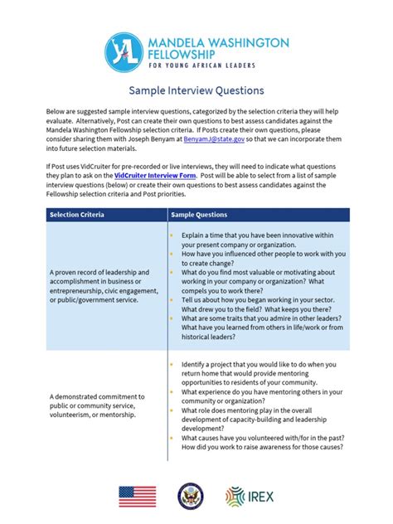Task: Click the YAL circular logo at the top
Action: coord(125,52)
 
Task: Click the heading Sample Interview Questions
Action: coord(196,90)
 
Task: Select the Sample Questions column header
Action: coord(199,216)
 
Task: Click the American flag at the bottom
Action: coord(137,496)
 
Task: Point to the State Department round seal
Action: coord(190,496)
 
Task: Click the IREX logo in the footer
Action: coord(251,496)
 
